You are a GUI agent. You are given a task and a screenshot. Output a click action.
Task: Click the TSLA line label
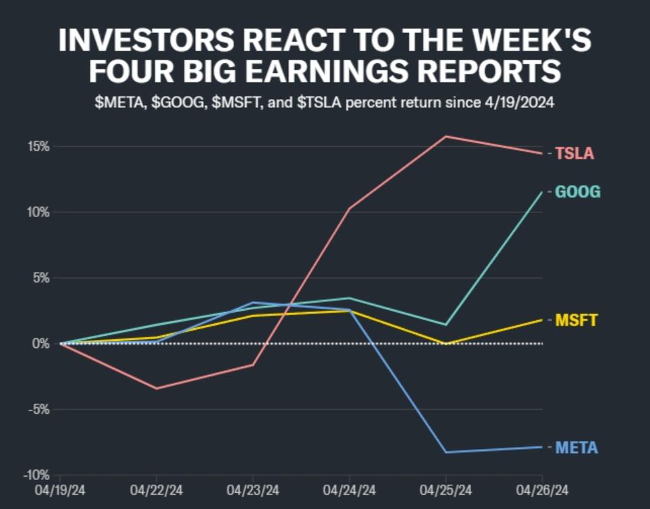click(574, 154)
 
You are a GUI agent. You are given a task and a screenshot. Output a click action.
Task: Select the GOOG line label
click(577, 193)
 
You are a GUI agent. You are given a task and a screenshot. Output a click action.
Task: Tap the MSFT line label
click(576, 320)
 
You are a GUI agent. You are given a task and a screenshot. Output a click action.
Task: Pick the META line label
click(576, 448)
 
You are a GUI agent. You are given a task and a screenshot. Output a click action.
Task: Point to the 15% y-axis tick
click(39, 146)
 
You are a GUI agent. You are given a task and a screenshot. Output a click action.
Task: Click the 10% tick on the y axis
click(39, 212)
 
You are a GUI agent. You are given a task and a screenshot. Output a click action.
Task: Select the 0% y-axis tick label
click(43, 344)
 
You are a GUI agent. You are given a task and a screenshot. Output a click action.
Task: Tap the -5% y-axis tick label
click(39, 409)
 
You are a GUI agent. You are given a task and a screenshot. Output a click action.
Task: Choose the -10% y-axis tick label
click(37, 475)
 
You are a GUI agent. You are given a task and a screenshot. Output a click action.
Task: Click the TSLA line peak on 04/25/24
click(445, 136)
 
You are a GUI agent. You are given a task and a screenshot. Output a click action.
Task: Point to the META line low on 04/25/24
click(445, 452)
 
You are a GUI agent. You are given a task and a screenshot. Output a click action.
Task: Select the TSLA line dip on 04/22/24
click(157, 388)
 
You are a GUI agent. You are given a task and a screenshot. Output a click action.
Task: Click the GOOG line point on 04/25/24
click(445, 325)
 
